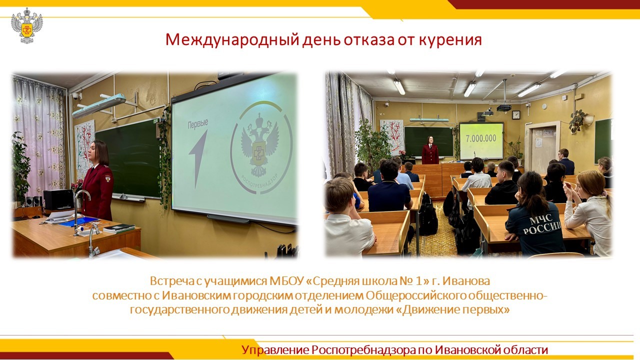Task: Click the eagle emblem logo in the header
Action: (x=27, y=25)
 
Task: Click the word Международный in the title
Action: (x=232, y=40)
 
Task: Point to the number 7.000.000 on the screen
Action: (x=481, y=138)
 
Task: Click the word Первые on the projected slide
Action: (x=197, y=124)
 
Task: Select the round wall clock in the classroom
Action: (x=515, y=115)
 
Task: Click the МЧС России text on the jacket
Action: (x=541, y=225)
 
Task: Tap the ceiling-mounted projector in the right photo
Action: (x=504, y=107)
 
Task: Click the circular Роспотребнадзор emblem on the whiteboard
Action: (x=261, y=147)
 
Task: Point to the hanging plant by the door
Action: (x=578, y=120)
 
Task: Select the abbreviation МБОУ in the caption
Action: (x=286, y=281)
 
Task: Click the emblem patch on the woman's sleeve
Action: (x=107, y=178)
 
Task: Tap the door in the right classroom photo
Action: (x=543, y=148)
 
